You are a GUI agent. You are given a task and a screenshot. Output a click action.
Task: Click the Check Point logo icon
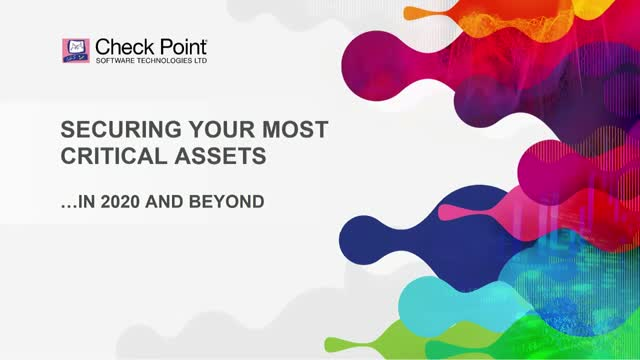click(x=76, y=51)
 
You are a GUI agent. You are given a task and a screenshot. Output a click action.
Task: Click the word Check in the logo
click(x=118, y=46)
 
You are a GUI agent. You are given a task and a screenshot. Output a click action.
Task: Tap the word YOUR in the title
click(x=201, y=130)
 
